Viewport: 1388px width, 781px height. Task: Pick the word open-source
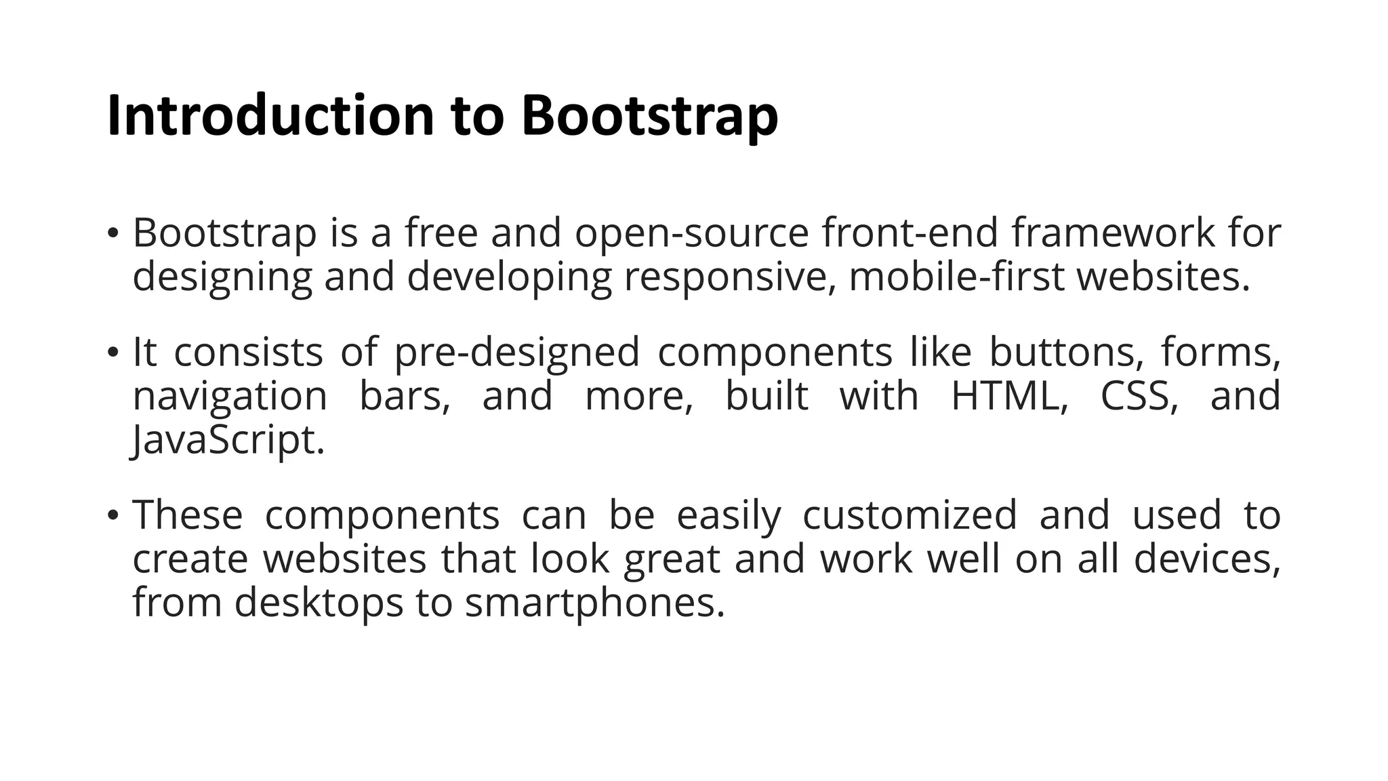[692, 233]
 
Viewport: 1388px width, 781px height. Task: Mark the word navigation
[230, 397]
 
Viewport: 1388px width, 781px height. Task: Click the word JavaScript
[228, 441]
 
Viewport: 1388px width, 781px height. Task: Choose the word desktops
[319, 603]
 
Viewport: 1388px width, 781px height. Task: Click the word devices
[1207, 559]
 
